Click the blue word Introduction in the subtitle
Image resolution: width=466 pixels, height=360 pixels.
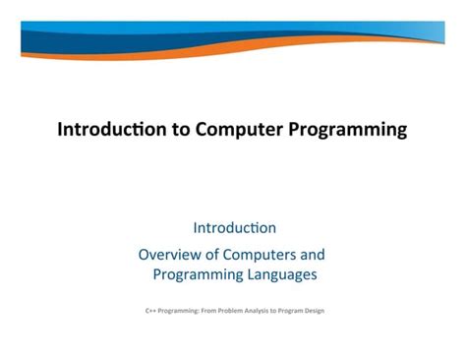click(x=234, y=229)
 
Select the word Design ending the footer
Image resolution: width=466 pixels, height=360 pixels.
click(x=314, y=311)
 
